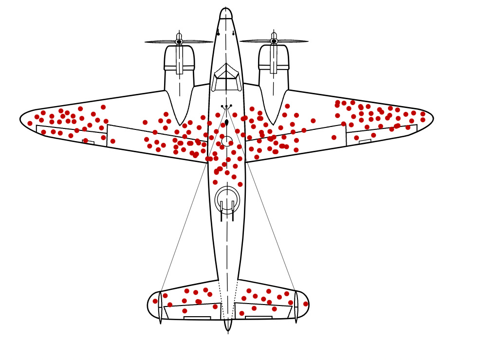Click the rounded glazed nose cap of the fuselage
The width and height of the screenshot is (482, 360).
(x=226, y=13)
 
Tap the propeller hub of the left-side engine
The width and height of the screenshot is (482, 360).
(x=179, y=41)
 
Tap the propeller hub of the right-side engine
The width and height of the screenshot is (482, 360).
(x=274, y=41)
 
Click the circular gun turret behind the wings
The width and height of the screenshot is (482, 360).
(x=227, y=199)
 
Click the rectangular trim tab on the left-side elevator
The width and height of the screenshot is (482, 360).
(x=197, y=318)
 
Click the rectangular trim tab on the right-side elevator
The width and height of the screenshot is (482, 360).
(x=259, y=318)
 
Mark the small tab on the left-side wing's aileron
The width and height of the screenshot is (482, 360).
(x=88, y=142)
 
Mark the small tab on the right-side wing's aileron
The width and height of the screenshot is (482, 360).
(x=365, y=142)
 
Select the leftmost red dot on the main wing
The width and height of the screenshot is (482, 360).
(x=30, y=123)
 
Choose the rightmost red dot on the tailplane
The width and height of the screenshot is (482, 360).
(x=306, y=304)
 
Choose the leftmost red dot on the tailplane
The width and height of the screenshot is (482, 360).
(x=155, y=301)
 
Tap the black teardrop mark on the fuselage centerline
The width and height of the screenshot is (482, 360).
(x=226, y=123)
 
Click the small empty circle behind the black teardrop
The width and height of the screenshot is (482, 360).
(x=227, y=141)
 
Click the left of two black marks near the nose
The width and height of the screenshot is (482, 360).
(x=218, y=34)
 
